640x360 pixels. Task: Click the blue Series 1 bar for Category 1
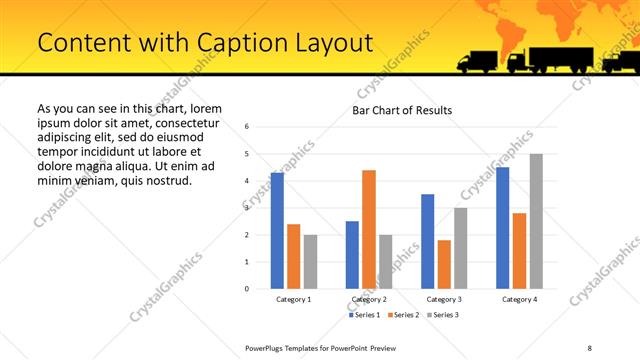pos(277,230)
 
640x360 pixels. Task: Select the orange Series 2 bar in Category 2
pos(369,229)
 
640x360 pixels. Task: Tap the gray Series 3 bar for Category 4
pos(536,221)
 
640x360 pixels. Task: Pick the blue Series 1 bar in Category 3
pos(428,241)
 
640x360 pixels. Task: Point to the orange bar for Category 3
pos(444,264)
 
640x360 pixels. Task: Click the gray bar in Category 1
pos(310,261)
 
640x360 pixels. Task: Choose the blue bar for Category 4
pos(503,227)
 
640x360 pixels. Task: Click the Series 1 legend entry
pos(363,315)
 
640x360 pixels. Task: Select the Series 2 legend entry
pos(402,315)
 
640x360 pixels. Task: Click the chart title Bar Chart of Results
pos(402,109)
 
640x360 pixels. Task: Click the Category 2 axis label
pos(369,299)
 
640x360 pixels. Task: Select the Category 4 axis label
pos(519,299)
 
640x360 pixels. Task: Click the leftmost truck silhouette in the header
pos(478,61)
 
